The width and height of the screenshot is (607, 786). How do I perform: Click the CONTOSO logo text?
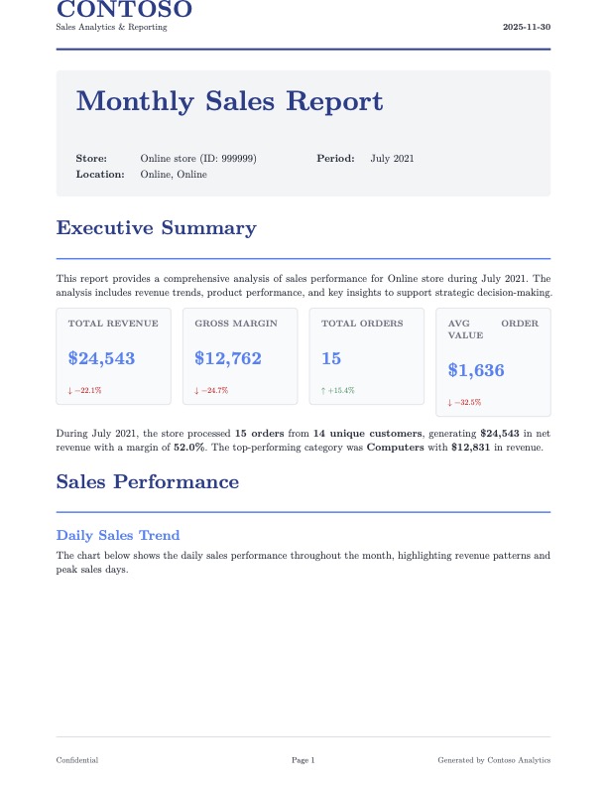124,11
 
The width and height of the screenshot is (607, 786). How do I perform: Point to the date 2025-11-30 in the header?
527,27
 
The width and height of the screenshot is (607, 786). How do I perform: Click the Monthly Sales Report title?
229,101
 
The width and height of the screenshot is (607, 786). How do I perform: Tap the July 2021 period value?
393,159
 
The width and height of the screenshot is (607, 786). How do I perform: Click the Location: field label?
100,175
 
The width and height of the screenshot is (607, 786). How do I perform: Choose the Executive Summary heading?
156,228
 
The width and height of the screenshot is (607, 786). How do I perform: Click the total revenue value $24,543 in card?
101,358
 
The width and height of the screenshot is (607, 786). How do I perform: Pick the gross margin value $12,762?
228,358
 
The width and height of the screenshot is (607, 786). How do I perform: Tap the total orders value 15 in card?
331,358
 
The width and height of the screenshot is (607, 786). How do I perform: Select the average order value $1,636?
476,370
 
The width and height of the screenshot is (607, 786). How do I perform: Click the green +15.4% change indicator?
338,391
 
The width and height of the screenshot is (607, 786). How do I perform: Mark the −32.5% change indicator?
465,403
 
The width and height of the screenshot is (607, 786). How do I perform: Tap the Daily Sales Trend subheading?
118,535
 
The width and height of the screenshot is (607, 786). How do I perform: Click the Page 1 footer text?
303,760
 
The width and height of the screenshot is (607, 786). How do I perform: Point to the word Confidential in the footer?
77,760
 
